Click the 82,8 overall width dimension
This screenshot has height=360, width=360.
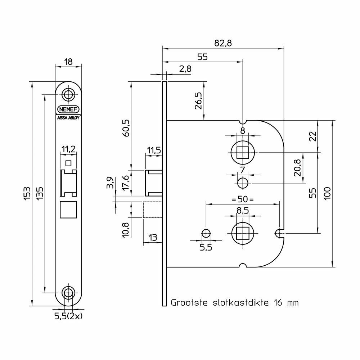(x=223, y=43)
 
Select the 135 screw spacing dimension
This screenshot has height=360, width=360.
(x=40, y=194)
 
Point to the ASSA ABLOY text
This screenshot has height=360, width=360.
(x=68, y=117)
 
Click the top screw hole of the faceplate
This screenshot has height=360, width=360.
(x=68, y=95)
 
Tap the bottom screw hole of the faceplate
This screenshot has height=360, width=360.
(x=68, y=292)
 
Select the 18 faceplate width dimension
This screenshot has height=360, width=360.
(x=68, y=62)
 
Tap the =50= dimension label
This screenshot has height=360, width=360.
(x=243, y=199)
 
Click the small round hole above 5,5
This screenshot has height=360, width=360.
(x=206, y=233)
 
